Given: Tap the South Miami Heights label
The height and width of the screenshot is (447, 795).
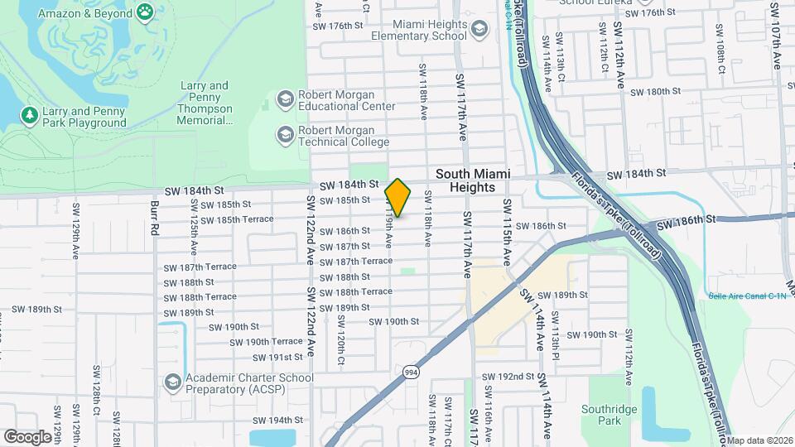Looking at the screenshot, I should tap(465, 180).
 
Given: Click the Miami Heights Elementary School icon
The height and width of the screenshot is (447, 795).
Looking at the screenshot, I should tap(479, 31).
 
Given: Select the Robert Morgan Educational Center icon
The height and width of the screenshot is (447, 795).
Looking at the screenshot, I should tap(286, 100).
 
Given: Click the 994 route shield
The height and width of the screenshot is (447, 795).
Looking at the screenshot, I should tap(411, 373).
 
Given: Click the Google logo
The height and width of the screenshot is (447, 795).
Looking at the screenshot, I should tap(27, 436).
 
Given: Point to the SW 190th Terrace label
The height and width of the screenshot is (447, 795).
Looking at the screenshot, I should tap(266, 341).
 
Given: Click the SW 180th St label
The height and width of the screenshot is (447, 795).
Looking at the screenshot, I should tap(648, 92).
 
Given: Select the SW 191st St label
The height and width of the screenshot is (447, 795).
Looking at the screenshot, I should tap(279, 358).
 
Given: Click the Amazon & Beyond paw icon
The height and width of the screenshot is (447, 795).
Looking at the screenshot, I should tap(146, 12).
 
